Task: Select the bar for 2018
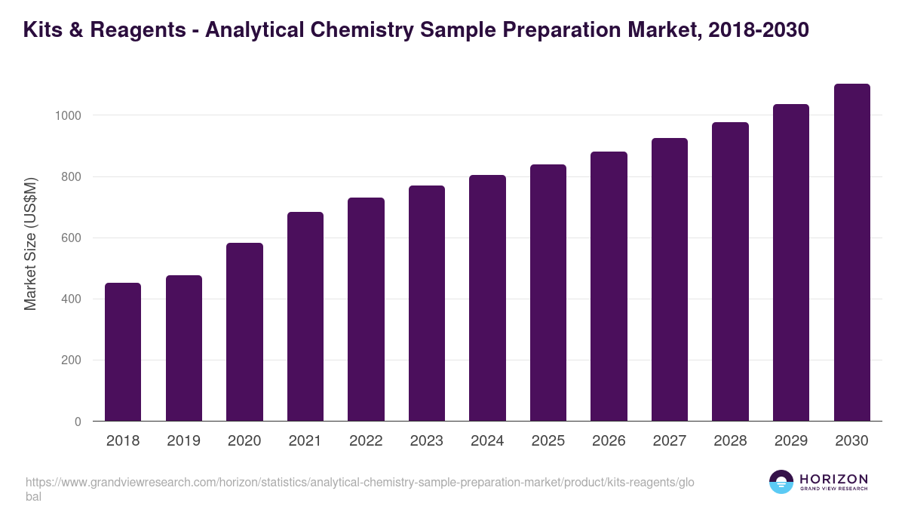[x=123, y=352]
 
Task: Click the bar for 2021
[x=305, y=317]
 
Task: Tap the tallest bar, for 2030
[x=851, y=253]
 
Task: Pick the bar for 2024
[x=487, y=299]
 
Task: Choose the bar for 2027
[x=670, y=280]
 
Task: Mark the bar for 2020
[x=244, y=332]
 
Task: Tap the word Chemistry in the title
[x=360, y=30]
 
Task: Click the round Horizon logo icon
[x=781, y=482]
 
